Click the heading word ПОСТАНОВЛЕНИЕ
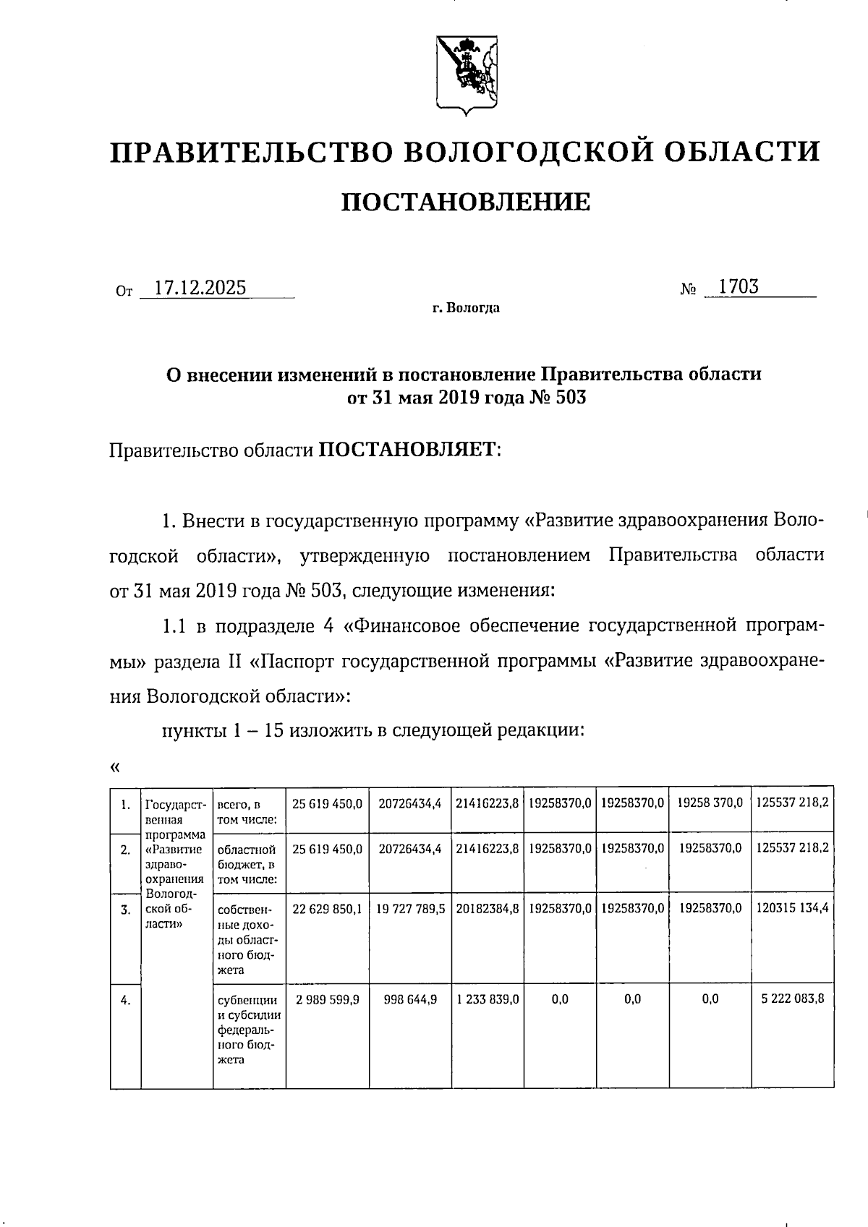pyautogui.click(x=465, y=202)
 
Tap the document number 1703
pyautogui.click(x=739, y=287)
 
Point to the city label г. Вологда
pyautogui.click(x=466, y=309)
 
